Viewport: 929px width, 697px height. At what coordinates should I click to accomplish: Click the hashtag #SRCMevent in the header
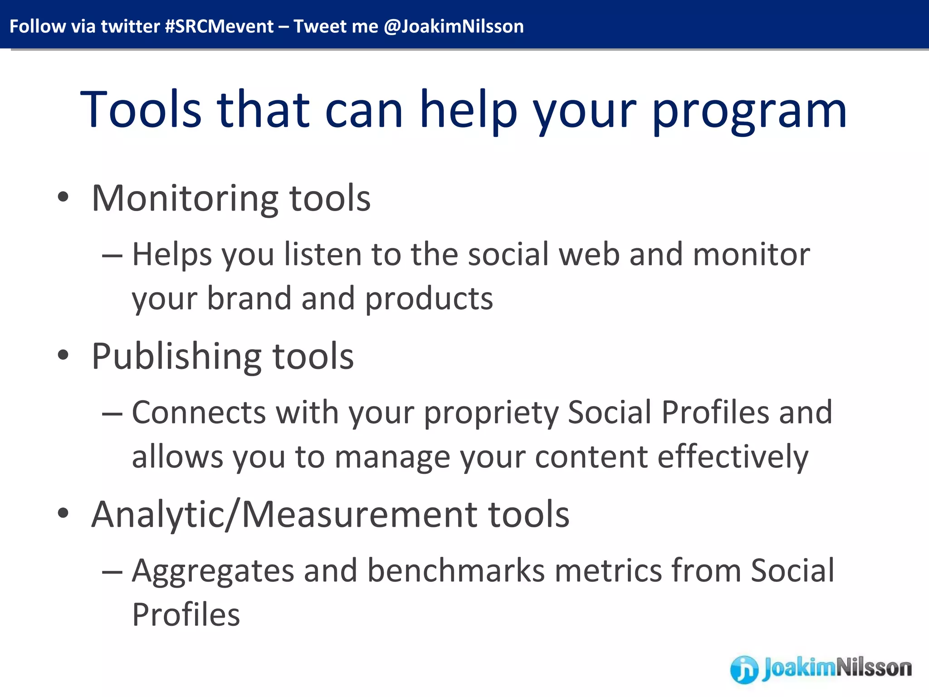[219, 26]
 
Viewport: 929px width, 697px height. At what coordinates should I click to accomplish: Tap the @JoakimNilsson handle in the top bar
[453, 26]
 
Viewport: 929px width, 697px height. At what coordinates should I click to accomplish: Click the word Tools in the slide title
[141, 110]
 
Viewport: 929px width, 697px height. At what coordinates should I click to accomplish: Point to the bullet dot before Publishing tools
[63, 355]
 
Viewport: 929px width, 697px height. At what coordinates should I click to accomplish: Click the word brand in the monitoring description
[249, 299]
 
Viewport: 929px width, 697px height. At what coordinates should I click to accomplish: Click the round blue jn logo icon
[744, 669]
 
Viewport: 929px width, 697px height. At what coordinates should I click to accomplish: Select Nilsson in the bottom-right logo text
[874, 668]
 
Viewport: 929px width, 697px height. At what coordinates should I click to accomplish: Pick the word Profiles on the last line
[186, 615]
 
